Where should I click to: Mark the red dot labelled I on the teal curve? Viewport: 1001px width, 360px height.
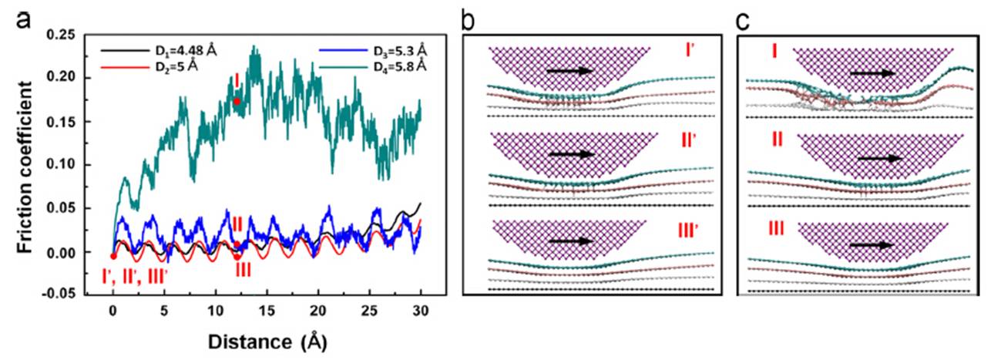point(237,101)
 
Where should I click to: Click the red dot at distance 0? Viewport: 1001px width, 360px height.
point(113,256)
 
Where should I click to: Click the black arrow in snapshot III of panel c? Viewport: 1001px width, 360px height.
point(870,245)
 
